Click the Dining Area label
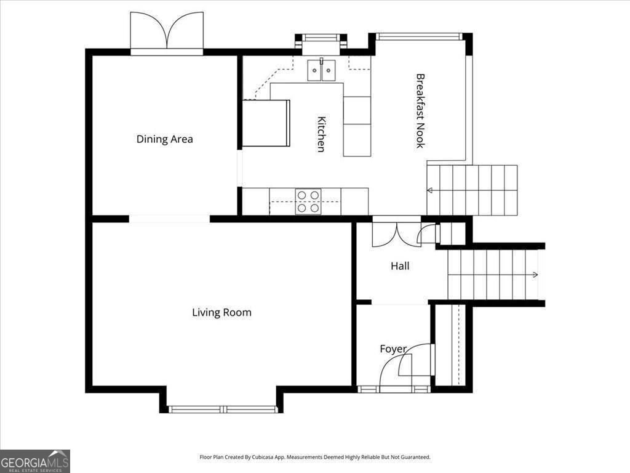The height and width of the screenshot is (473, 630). pyautogui.click(x=164, y=139)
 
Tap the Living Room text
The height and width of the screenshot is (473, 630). pyautogui.click(x=221, y=313)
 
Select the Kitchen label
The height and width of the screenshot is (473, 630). pyautogui.click(x=321, y=134)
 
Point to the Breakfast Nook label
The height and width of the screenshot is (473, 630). pyautogui.click(x=420, y=111)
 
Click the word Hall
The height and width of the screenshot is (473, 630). pyautogui.click(x=400, y=267)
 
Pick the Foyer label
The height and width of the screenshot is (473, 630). pyautogui.click(x=393, y=349)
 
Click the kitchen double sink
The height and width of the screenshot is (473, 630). pyautogui.click(x=322, y=70)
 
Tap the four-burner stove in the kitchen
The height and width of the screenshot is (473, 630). pyautogui.click(x=308, y=201)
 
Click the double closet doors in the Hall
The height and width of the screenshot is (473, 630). pyautogui.click(x=397, y=233)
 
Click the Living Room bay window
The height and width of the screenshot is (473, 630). pyautogui.click(x=223, y=409)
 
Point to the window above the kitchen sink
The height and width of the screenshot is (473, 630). pyautogui.click(x=321, y=39)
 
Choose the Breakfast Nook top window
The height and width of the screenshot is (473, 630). pyautogui.click(x=419, y=36)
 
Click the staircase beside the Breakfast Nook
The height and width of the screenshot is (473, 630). pyautogui.click(x=472, y=190)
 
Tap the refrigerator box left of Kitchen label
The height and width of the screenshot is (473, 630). pyautogui.click(x=266, y=123)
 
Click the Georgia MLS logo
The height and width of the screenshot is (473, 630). pyautogui.click(x=35, y=461)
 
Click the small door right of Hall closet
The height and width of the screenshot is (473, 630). pyautogui.click(x=428, y=234)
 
